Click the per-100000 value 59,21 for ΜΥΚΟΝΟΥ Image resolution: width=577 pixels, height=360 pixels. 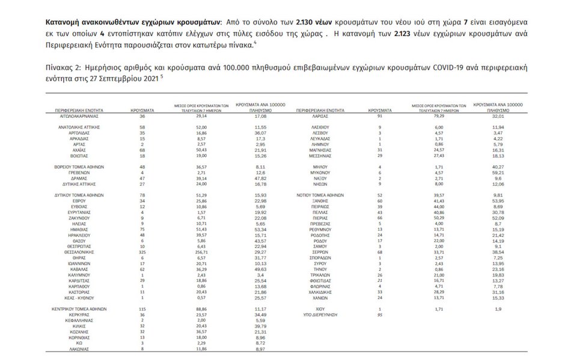497,172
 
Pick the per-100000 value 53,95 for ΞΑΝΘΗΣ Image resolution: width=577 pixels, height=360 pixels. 497,201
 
